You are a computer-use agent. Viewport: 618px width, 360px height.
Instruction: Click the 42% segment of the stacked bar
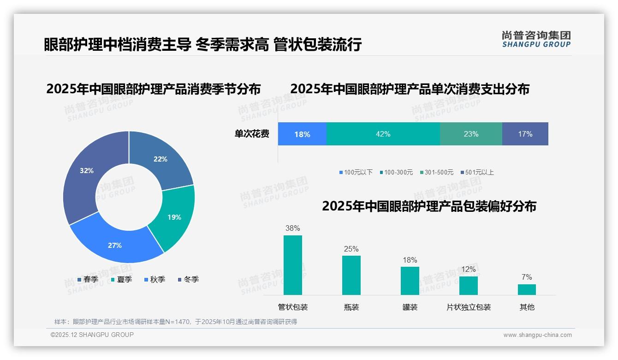pyautogui.click(x=383, y=134)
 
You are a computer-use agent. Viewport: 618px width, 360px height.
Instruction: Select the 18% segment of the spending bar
pyautogui.click(x=302, y=134)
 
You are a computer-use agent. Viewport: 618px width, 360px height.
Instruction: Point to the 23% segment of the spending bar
pyautogui.click(x=471, y=134)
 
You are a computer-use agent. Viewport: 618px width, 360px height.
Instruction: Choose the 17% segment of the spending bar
pyautogui.click(x=525, y=134)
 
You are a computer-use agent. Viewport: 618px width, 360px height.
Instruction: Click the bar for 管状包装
pyautogui.click(x=293, y=265)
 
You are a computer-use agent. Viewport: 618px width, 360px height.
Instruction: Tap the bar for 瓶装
pyautogui.click(x=351, y=275)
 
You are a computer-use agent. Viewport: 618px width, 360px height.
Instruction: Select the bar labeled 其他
pyautogui.click(x=527, y=289)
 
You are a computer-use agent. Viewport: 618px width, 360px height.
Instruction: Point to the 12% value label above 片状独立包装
pyautogui.click(x=468, y=269)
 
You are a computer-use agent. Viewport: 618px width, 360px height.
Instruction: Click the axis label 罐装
pyautogui.click(x=410, y=307)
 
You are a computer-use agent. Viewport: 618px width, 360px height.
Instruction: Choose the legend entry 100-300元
pyautogui.click(x=396, y=172)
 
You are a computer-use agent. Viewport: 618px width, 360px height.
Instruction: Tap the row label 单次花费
pyautogui.click(x=252, y=134)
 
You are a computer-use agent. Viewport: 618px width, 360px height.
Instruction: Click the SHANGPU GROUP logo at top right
pyautogui.click(x=536, y=39)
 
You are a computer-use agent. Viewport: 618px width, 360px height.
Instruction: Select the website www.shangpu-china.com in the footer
pyautogui.click(x=537, y=335)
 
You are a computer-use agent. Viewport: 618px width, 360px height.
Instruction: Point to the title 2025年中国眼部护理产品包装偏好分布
pyautogui.click(x=429, y=206)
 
